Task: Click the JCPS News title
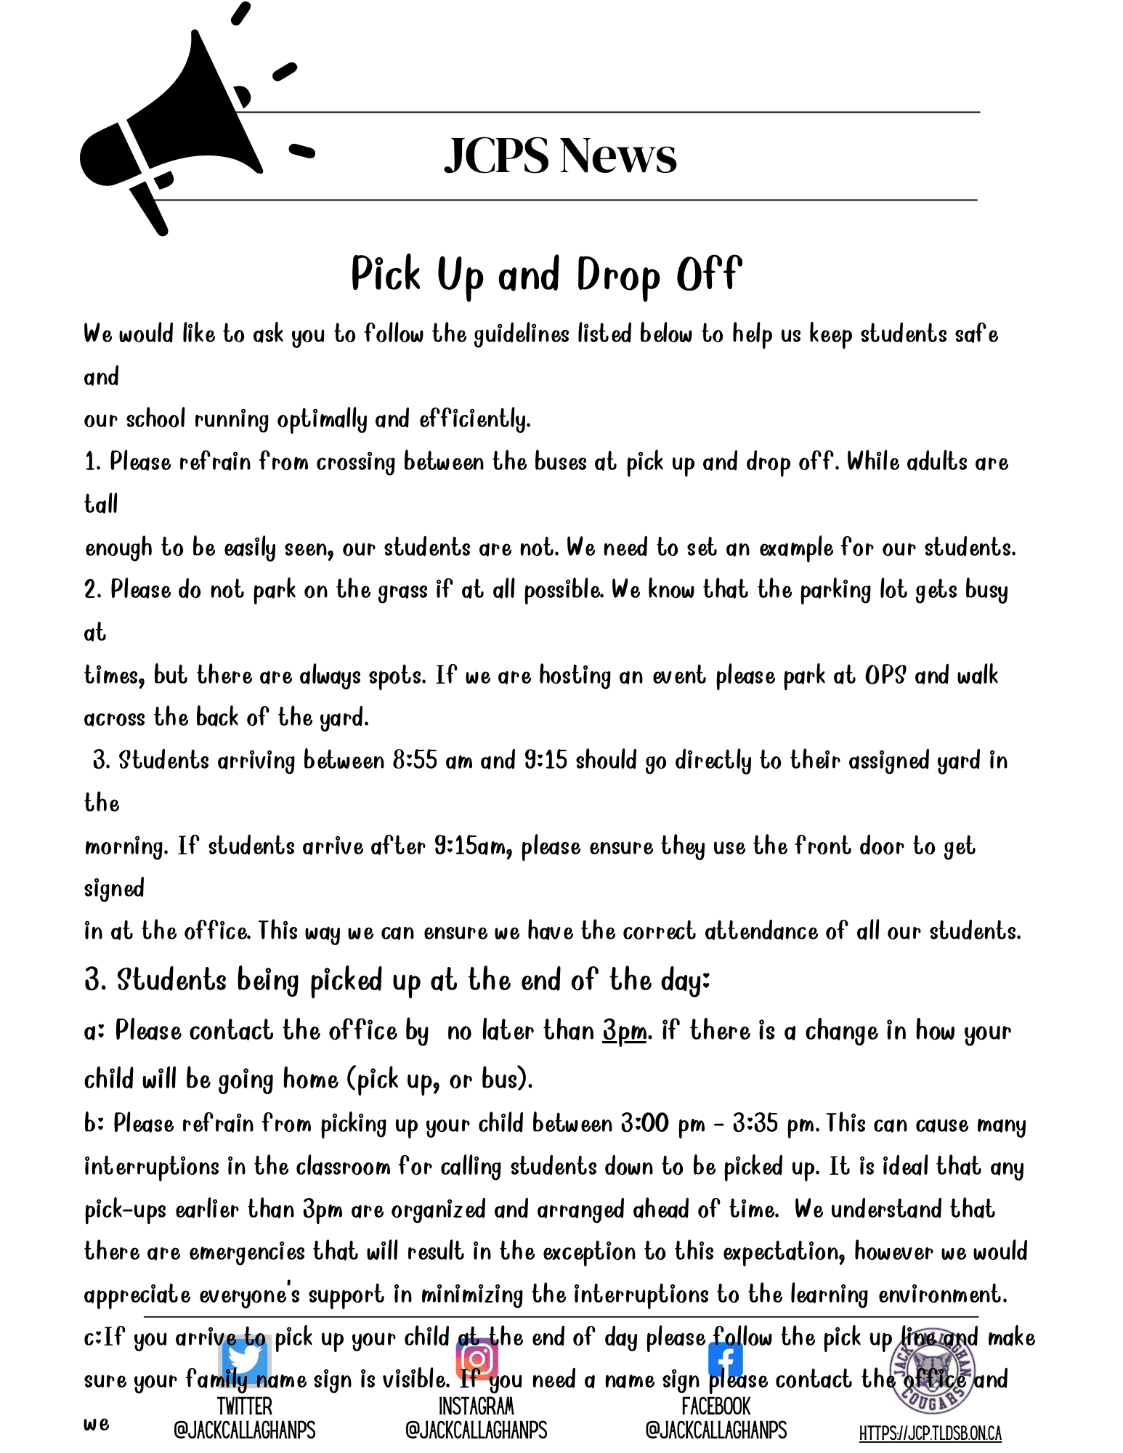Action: point(560,155)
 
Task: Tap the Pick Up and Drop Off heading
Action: point(546,275)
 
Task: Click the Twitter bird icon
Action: point(245,1356)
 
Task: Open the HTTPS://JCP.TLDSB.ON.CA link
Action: point(930,1433)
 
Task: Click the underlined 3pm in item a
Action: point(624,1031)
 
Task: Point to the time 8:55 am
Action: point(432,761)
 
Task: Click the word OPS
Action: point(885,676)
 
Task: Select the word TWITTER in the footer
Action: point(245,1407)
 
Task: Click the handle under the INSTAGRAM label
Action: point(477,1430)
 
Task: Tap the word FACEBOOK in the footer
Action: point(715,1407)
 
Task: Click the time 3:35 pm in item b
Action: point(773,1125)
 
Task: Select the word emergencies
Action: point(247,1252)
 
